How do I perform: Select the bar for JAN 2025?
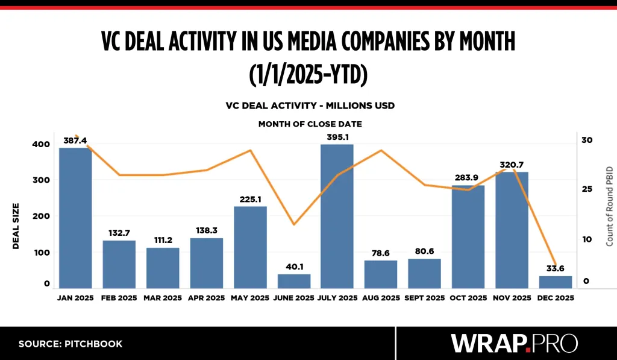[x=75, y=218]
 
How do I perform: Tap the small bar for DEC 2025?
[x=555, y=282]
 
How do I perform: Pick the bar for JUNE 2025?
[x=293, y=281]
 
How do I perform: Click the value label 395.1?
[x=337, y=137]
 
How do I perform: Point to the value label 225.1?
[x=250, y=199]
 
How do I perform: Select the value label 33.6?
[x=555, y=268]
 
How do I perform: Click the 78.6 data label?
[x=381, y=253]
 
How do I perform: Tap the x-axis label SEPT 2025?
[x=424, y=298]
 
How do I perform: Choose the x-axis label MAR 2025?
[x=163, y=298]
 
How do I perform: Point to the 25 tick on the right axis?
[x=587, y=189]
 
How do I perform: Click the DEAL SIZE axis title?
[x=17, y=226]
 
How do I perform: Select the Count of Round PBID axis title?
[x=609, y=204]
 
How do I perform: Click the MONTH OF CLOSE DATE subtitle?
[x=310, y=124]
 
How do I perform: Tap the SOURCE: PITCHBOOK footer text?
[x=70, y=344]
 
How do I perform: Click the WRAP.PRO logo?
[x=514, y=343]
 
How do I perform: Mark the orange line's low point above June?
[x=293, y=224]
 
